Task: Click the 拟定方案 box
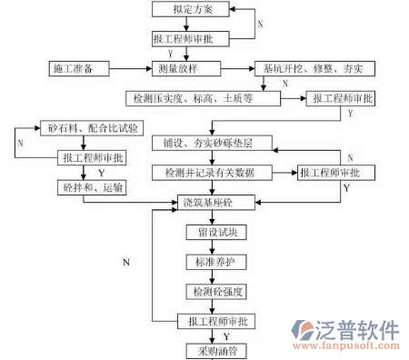(189, 9)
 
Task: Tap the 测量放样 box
(188, 68)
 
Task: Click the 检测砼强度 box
(215, 292)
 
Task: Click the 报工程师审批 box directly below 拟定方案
(189, 39)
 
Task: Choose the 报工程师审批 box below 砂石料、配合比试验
(93, 158)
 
